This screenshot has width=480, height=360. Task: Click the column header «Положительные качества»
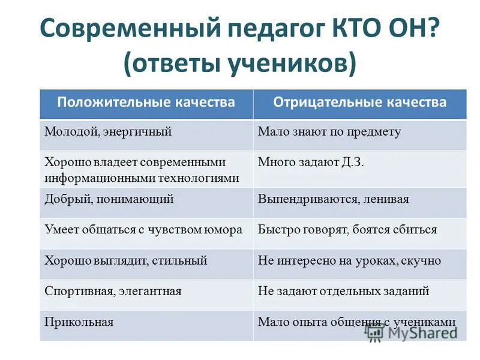click(x=146, y=103)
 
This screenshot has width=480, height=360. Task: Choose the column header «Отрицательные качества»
click(x=360, y=103)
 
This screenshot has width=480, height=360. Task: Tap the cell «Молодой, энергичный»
click(x=108, y=131)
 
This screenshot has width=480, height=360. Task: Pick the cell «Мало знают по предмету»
click(x=329, y=131)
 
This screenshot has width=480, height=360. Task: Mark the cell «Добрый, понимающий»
click(x=109, y=199)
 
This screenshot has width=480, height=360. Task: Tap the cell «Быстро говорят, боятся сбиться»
click(x=347, y=230)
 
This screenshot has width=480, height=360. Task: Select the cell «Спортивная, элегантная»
click(x=113, y=291)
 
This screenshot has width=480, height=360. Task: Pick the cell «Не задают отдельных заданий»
click(x=343, y=291)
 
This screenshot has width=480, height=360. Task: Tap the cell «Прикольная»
click(x=79, y=322)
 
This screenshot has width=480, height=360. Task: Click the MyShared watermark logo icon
click(x=376, y=331)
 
